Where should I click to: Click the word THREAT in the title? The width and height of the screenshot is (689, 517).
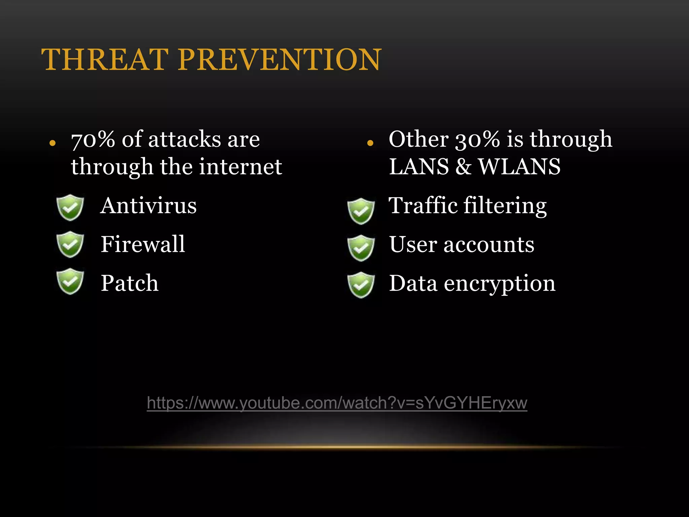point(105,60)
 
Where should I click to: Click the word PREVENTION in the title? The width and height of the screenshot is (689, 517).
point(280,60)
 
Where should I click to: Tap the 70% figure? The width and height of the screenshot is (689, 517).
point(93,139)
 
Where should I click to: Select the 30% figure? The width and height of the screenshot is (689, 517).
point(477,139)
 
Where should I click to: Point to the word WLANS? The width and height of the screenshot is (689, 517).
point(519,167)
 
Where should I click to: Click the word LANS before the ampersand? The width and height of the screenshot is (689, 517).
point(419,167)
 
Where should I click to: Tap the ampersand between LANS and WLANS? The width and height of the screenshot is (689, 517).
point(464,167)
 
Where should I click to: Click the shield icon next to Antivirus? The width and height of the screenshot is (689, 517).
point(70,207)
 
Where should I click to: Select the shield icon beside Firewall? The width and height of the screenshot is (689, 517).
point(70,244)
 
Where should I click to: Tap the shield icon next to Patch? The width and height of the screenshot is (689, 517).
point(70,281)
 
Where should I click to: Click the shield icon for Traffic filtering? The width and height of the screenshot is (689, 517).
point(361,211)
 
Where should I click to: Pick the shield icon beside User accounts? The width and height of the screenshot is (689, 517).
point(361,248)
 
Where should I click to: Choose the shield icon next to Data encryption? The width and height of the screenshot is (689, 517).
point(361,285)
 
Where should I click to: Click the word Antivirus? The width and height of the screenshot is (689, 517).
point(148,206)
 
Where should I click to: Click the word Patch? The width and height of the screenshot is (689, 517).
point(130,283)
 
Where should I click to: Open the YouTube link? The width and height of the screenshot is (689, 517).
point(337,403)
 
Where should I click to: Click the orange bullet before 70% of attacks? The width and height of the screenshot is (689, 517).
point(52,143)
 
